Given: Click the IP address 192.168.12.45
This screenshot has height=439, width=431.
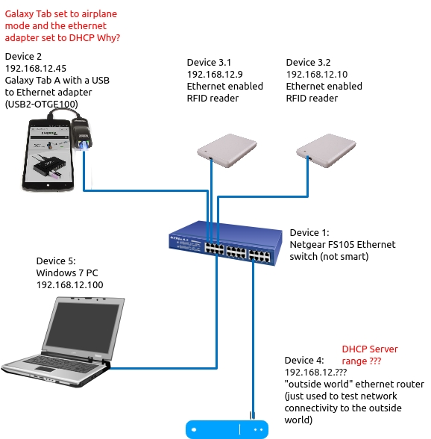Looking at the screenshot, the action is pos(36,69).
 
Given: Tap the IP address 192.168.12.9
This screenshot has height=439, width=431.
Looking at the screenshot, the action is pos(215,74).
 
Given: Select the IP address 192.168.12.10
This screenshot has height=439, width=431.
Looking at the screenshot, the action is pos(317,74).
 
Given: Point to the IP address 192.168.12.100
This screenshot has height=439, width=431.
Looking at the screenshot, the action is pos(69,284).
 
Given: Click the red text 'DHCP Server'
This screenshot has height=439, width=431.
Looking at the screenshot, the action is pos(369,349).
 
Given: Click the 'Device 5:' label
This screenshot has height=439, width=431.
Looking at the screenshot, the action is pos(56,261).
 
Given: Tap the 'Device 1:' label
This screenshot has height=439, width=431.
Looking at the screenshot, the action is pos(309,233).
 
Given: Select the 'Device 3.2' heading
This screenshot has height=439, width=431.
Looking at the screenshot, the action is pos(308,62).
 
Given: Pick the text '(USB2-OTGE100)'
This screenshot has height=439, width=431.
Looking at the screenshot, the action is pos(42,105).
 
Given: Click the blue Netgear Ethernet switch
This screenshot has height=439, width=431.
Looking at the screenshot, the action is pos(225,243).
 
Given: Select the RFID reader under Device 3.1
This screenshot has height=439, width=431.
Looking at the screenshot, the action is pos(227,150).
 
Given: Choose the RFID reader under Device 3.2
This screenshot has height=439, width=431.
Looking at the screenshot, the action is pos(326,150).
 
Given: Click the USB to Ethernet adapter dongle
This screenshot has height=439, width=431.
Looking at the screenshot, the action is pos(82,134).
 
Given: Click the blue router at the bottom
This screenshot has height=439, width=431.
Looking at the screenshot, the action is pos(227,429).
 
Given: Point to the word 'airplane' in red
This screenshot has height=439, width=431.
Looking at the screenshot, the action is pos(100,14).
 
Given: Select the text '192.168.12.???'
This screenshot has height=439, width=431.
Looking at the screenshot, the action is pos(315,373).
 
